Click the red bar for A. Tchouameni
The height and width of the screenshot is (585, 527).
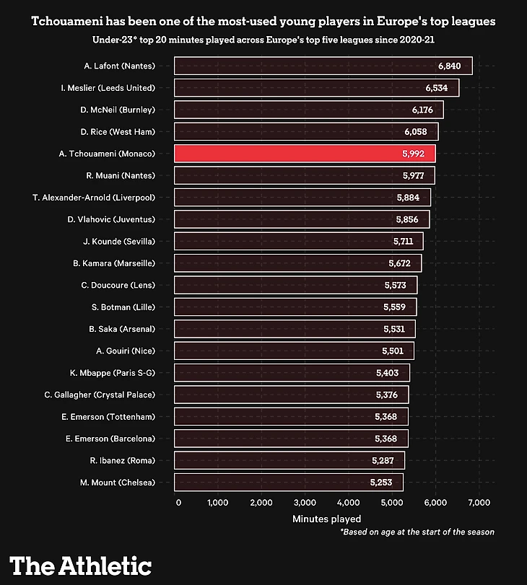(303, 154)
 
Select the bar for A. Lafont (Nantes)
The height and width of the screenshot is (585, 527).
(323, 66)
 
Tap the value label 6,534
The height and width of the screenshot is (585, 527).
(437, 88)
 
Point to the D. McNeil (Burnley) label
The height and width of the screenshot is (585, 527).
(117, 110)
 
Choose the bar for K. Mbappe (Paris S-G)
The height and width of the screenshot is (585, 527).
(292, 373)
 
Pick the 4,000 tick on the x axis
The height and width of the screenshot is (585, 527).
(348, 503)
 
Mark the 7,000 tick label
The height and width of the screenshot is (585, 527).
(479, 503)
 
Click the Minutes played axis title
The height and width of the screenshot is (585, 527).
(327, 519)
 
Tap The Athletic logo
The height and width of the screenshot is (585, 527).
(80, 565)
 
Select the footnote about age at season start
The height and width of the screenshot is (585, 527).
(417, 532)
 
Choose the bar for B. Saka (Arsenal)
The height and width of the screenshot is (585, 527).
(295, 329)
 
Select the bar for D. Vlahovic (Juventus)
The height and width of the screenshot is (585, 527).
(302, 219)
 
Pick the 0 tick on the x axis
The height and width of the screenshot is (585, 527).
(178, 503)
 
